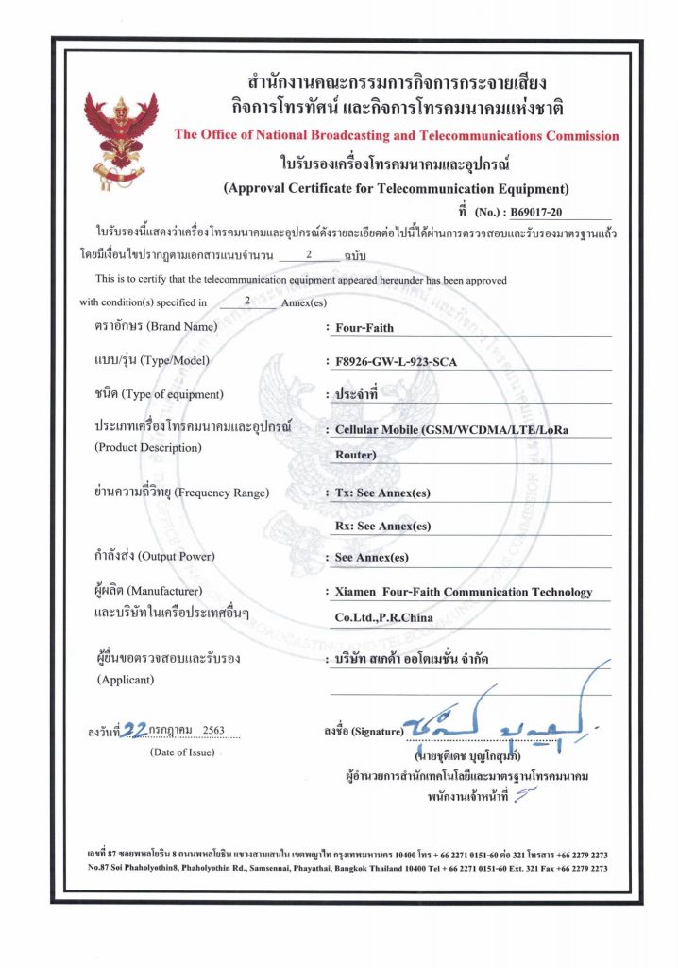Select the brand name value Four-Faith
[364, 328]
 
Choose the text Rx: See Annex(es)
[383, 526]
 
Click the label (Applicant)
[125, 680]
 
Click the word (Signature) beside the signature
[377, 732]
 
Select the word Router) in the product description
[356, 456]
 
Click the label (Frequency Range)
[222, 493]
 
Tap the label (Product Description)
[148, 447]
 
